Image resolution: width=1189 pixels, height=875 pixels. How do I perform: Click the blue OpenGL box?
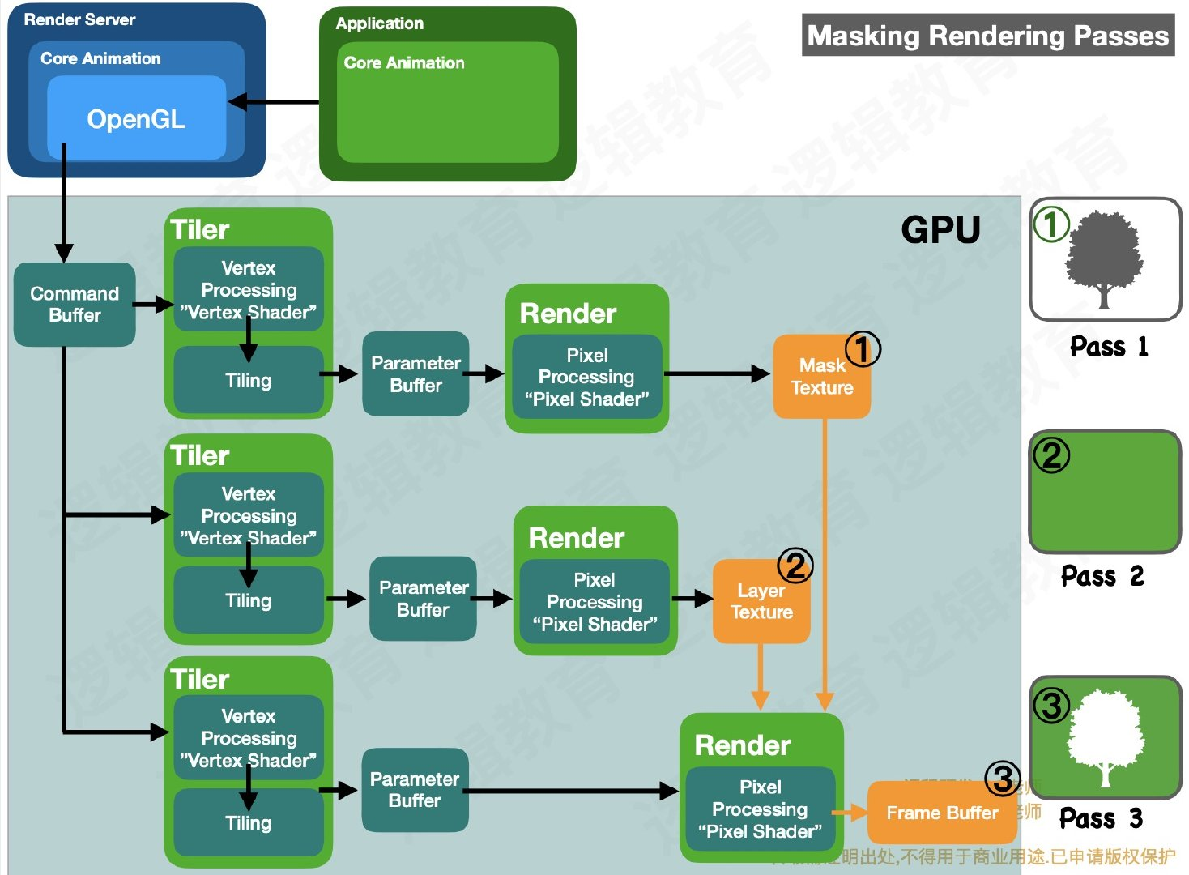[136, 118]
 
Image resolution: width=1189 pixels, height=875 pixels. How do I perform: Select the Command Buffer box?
[75, 305]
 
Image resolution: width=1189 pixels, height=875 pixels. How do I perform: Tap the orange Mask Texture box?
[821, 378]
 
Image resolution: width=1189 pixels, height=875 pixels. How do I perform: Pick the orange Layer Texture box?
[761, 602]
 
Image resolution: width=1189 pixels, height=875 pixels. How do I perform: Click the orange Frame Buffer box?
[941, 813]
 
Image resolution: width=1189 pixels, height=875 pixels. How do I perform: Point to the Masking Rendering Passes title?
[987, 36]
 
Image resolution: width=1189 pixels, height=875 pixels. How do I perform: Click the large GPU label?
[940, 230]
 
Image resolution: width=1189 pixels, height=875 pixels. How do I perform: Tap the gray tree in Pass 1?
[1103, 258]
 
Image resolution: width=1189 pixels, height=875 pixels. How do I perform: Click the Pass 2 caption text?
[1102, 576]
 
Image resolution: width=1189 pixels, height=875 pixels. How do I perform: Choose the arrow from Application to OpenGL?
[275, 102]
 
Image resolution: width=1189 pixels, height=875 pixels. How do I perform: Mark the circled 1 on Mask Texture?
[863, 349]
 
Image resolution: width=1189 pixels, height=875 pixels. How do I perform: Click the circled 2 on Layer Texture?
[795, 566]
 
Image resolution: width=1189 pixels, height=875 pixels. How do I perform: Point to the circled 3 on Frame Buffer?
[1003, 779]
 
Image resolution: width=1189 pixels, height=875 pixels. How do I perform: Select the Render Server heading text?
[79, 19]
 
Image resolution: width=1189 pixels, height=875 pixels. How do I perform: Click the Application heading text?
[379, 23]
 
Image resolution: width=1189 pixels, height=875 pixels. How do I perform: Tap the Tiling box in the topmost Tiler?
[249, 381]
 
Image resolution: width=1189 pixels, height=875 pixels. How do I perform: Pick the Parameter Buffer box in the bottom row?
[415, 790]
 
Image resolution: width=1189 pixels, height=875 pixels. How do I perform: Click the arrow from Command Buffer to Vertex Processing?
[153, 305]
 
